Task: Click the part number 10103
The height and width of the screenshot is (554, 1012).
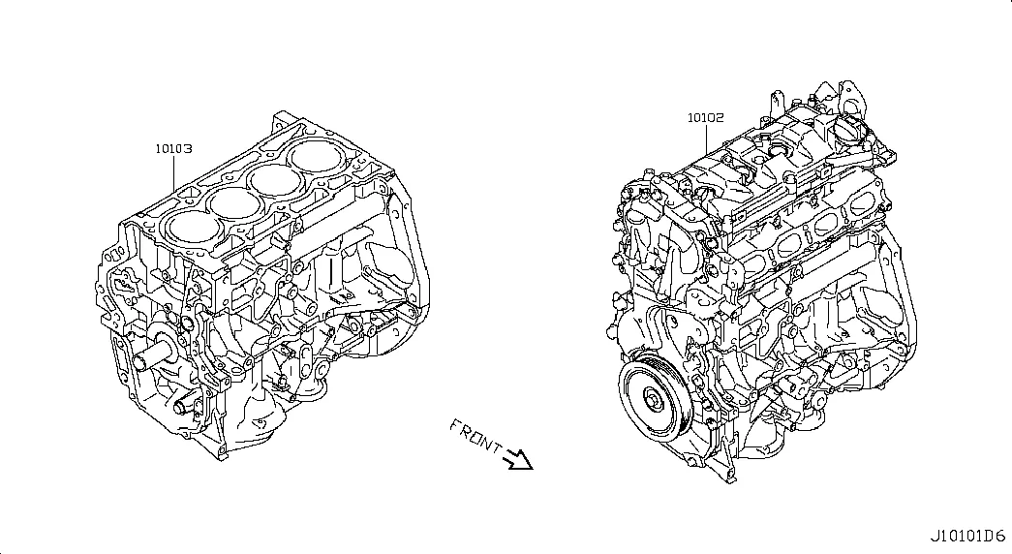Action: [173, 148]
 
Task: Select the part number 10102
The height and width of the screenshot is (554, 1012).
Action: [705, 117]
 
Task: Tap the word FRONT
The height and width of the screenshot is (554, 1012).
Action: [476, 436]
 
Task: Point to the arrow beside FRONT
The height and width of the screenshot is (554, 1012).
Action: [519, 458]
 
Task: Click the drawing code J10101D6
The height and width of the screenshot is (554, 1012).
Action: [967, 536]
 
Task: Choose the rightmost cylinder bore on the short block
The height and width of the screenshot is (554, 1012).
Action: [315, 156]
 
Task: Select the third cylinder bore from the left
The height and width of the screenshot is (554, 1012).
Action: [276, 180]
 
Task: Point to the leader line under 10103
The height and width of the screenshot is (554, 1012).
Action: [174, 173]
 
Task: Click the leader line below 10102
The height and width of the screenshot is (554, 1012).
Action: [706, 139]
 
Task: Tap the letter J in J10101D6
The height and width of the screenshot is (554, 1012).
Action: [934, 536]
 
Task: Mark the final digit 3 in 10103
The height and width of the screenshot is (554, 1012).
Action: [188, 148]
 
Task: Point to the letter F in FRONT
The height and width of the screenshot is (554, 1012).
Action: [455, 425]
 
